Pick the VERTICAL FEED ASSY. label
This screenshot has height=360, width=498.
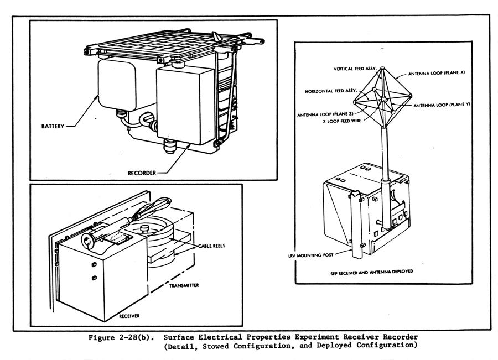pyautogui.click(x=355, y=69)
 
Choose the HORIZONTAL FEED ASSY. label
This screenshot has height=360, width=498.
pyautogui.click(x=330, y=90)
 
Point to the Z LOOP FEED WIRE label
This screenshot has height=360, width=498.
pyautogui.click(x=339, y=121)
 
